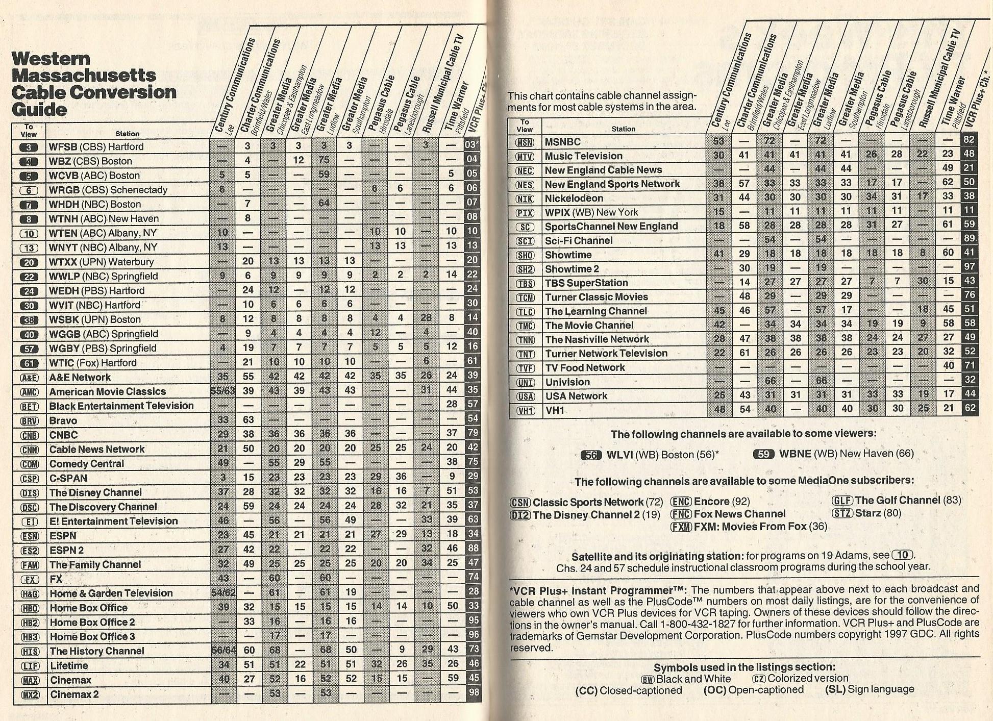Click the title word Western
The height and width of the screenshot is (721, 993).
coord(51,59)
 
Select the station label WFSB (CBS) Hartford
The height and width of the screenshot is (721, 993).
coord(96,147)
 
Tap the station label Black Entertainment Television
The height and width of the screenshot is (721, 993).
coord(121,406)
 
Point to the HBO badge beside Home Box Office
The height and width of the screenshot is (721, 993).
coord(29,608)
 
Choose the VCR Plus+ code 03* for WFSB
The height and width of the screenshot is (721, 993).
coord(472,144)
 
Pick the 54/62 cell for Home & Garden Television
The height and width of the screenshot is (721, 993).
coord(223,593)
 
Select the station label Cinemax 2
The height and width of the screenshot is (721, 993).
coord(75,694)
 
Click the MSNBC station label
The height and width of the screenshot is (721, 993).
coord(562,142)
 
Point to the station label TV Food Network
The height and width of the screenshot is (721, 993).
coord(585,368)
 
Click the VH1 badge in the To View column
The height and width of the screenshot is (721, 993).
coord(525,410)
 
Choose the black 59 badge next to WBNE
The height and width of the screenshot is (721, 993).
coord(763,454)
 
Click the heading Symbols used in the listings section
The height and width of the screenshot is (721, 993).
coord(744,667)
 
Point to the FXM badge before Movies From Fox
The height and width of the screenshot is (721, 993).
coord(681,527)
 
